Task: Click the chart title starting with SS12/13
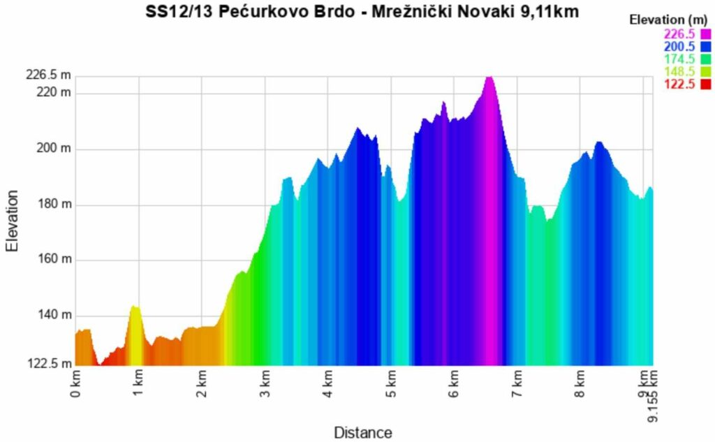pyautogui.click(x=362, y=12)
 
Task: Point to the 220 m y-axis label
pyautogui.click(x=54, y=93)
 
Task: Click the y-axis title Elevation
pyautogui.click(x=12, y=220)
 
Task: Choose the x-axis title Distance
pyautogui.click(x=362, y=432)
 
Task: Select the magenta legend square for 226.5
pyautogui.click(x=705, y=34)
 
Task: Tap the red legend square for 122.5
pyautogui.click(x=705, y=84)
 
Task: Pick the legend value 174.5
pyautogui.click(x=680, y=59)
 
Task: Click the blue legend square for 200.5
pyautogui.click(x=705, y=46)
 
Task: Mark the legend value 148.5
pyautogui.click(x=680, y=72)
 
